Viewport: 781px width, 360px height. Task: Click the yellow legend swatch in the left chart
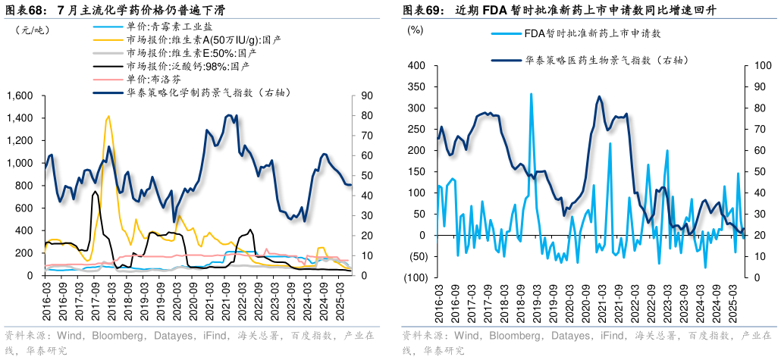pos(108,39)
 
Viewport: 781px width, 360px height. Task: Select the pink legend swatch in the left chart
pos(108,80)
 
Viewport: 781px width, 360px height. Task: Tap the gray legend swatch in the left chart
pos(108,53)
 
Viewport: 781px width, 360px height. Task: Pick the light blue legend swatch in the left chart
pos(108,26)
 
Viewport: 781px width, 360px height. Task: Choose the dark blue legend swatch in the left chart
pos(108,93)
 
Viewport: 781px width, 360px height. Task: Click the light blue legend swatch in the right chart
pos(506,33)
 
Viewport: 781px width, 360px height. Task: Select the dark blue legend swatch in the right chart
pos(506,60)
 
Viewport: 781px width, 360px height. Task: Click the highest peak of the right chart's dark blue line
pos(600,96)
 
